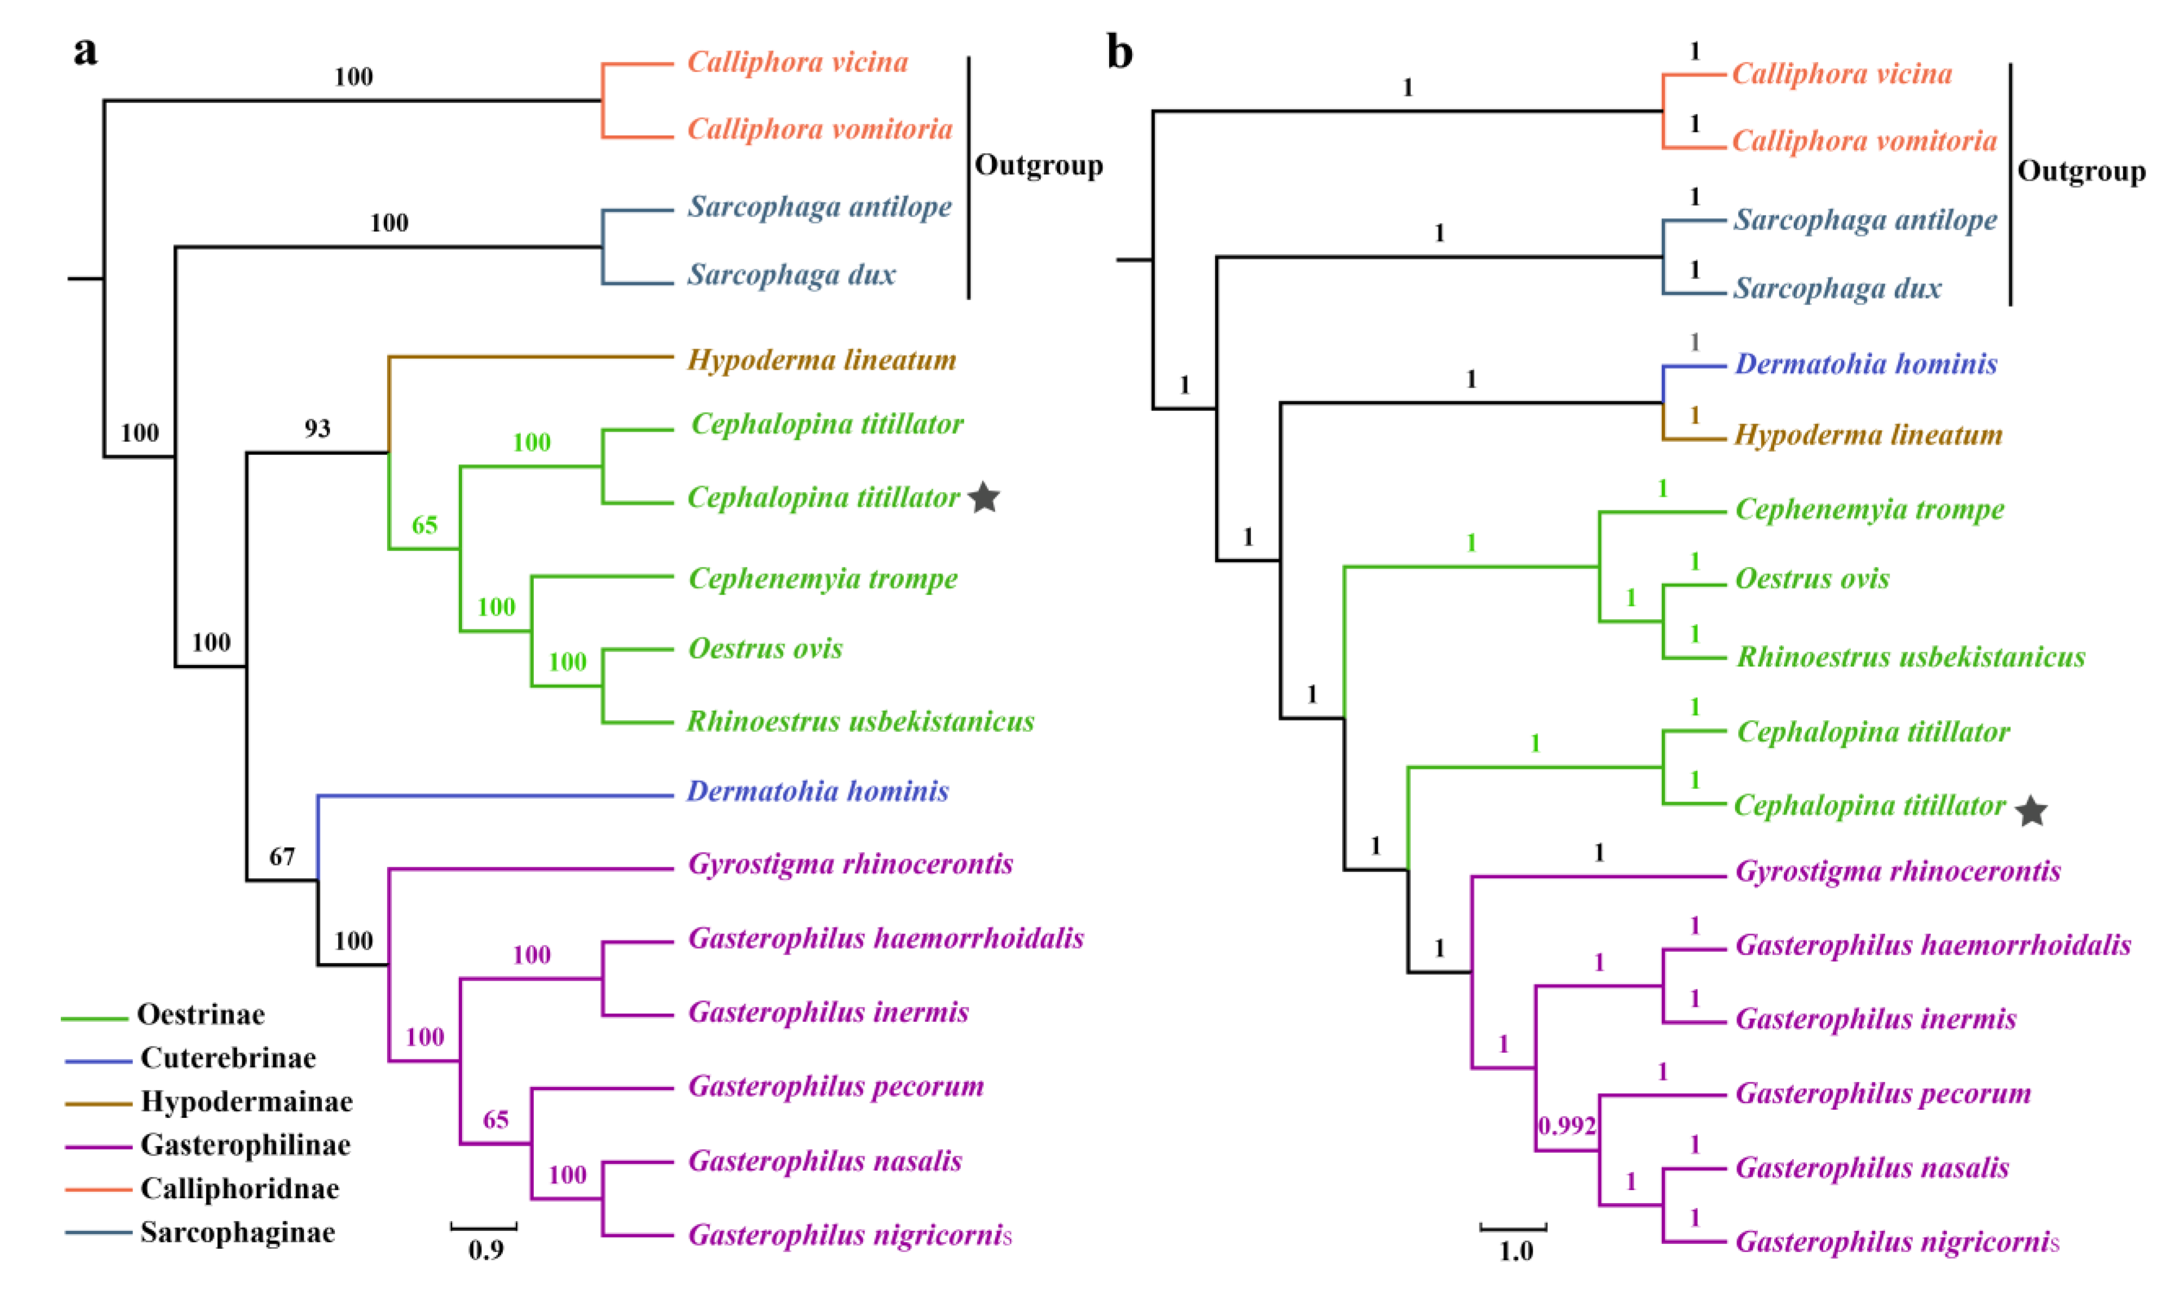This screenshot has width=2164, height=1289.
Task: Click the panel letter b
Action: pos(1119,54)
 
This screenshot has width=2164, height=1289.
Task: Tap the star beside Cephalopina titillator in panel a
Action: pos(984,498)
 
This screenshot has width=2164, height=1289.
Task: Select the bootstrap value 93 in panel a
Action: pos(317,428)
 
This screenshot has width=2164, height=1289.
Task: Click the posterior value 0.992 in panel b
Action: pos(1567,1127)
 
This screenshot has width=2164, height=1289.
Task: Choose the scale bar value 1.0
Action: pos(1515,1252)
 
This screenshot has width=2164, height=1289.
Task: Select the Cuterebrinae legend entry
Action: pos(227,1058)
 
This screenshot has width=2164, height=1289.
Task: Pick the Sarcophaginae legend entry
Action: pos(237,1233)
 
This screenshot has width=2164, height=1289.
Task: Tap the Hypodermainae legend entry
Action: pos(246,1101)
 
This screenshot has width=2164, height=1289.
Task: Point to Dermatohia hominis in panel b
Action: pos(1865,364)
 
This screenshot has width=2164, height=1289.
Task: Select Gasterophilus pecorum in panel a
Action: pos(836,1086)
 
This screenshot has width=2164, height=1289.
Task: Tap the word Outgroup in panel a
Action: pos(1039,165)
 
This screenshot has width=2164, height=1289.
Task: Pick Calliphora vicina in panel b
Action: pos(1842,74)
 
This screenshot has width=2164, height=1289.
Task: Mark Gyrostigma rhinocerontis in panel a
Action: pos(850,864)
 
